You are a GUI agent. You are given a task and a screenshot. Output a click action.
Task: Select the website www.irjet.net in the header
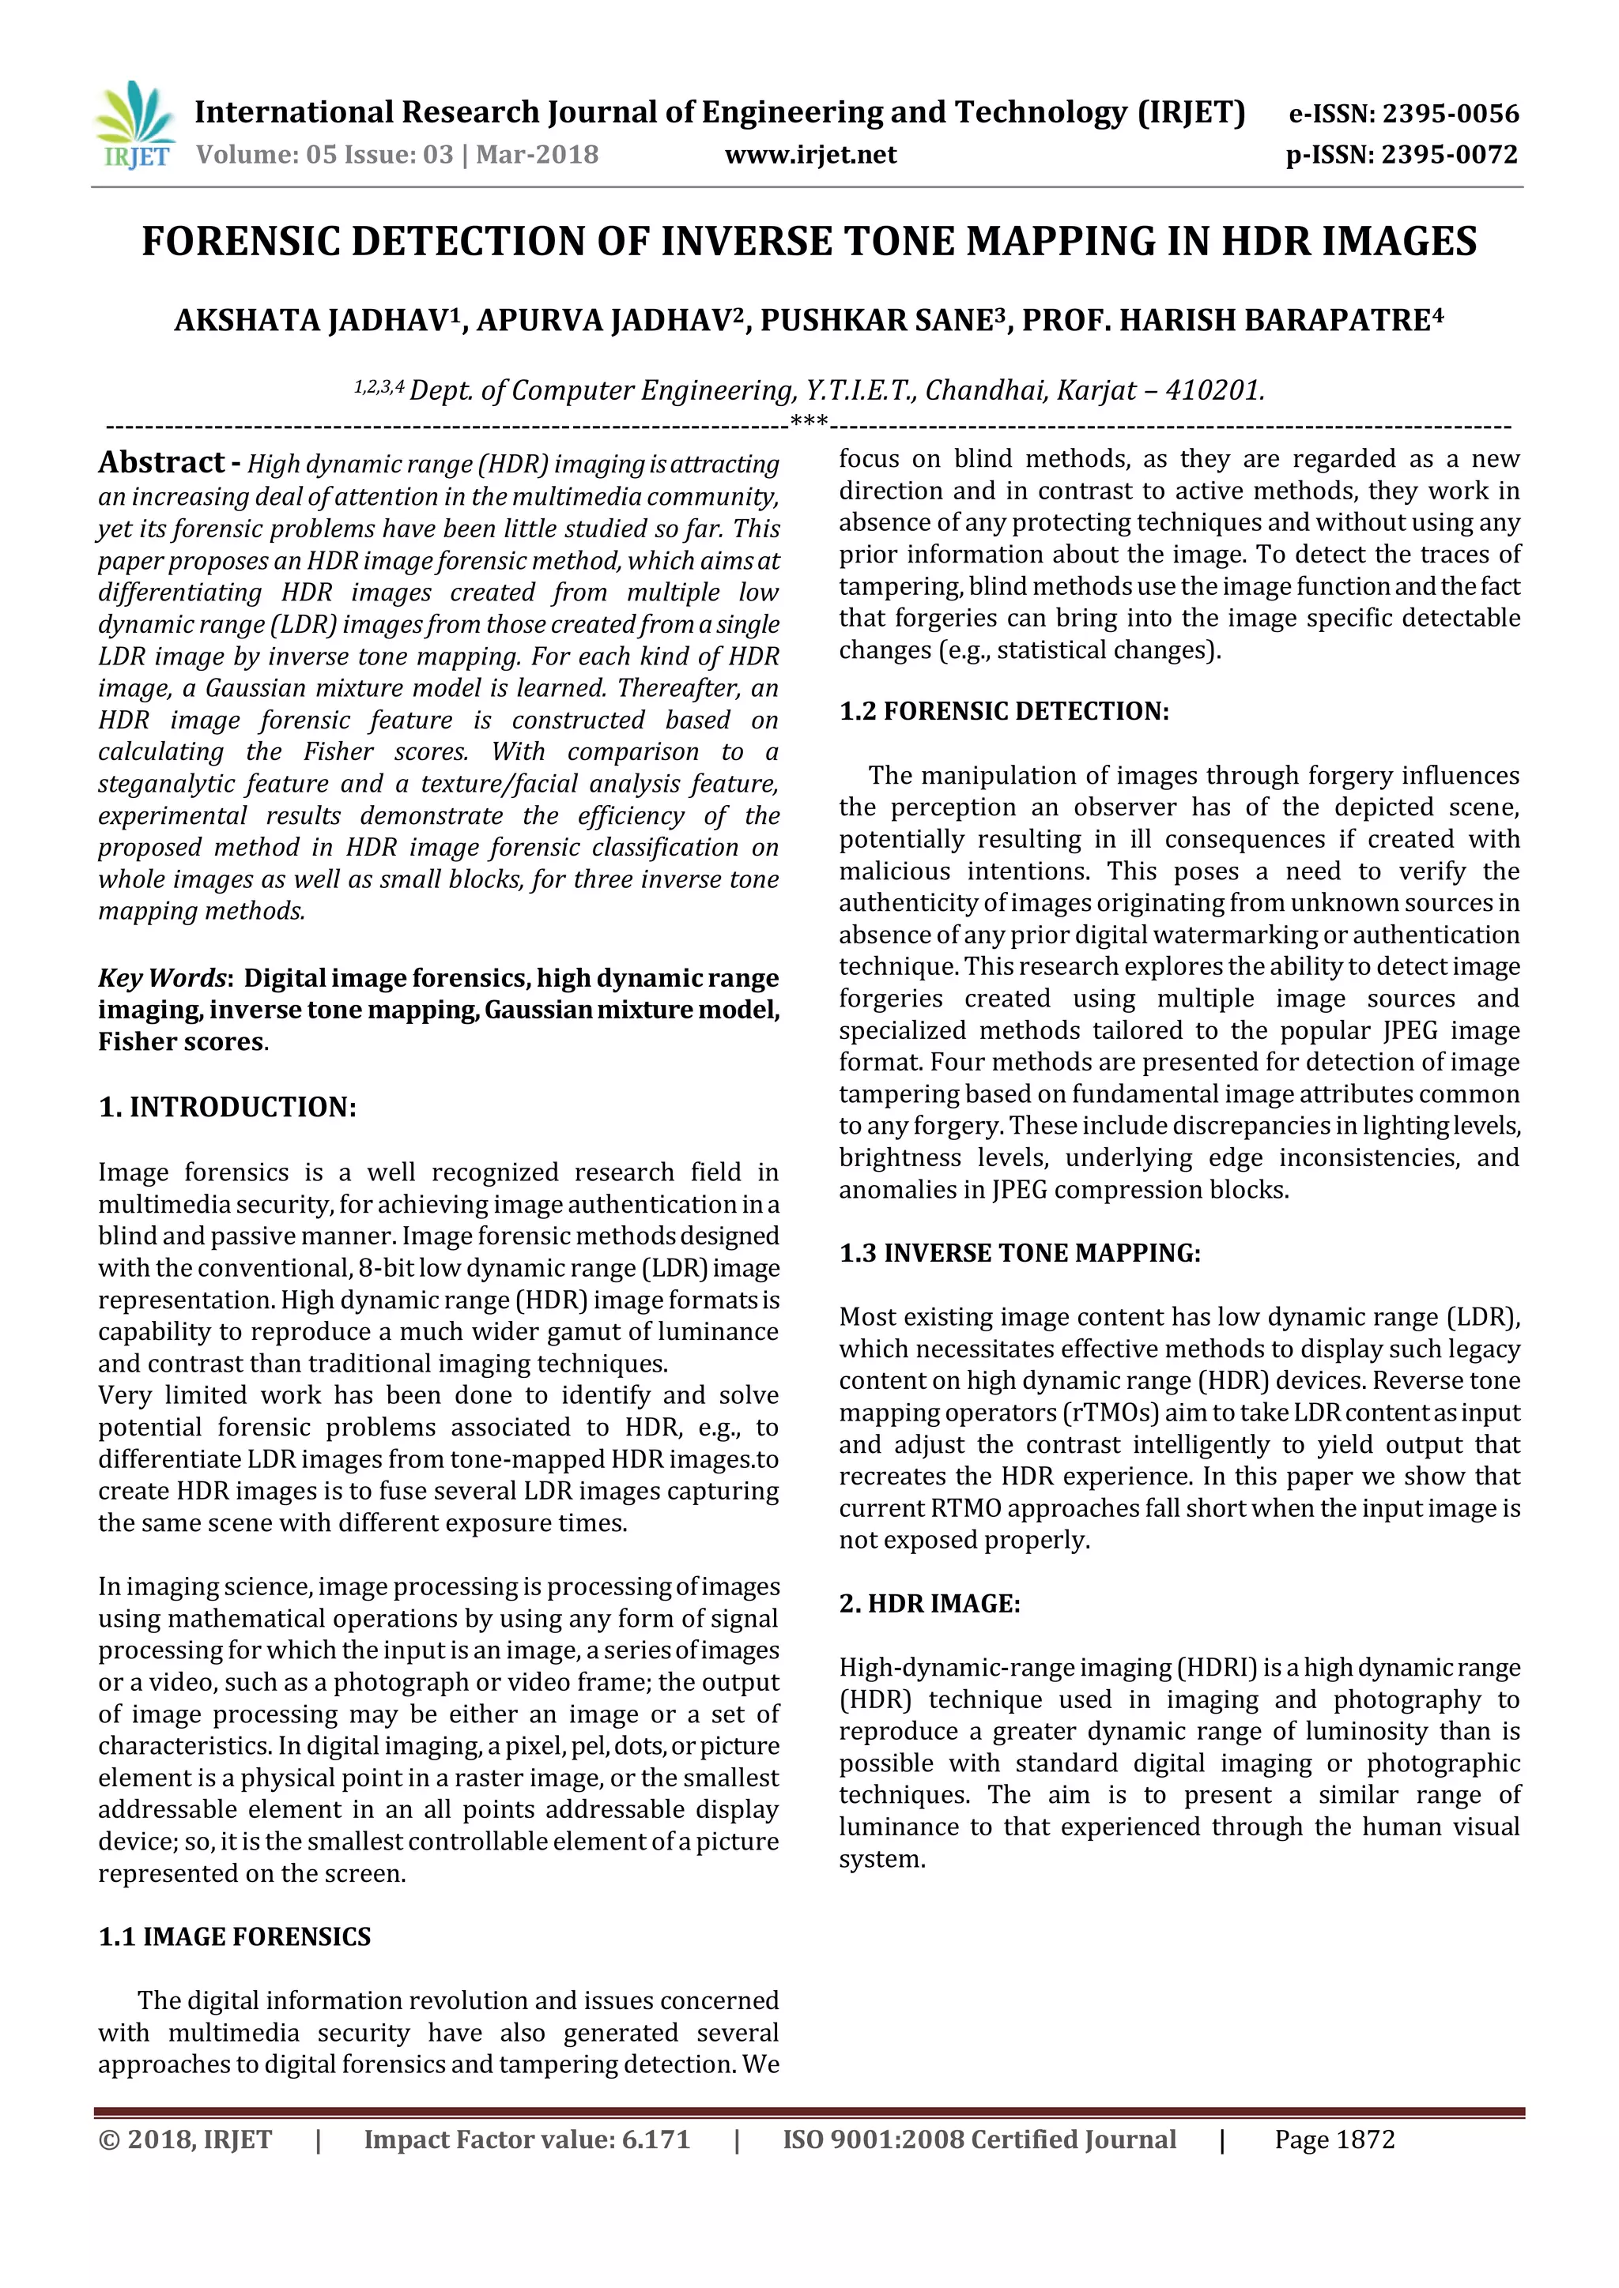point(809,155)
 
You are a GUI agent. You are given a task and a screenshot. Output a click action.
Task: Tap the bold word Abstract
point(160,462)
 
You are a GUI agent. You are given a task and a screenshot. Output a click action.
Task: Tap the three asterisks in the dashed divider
point(809,423)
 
